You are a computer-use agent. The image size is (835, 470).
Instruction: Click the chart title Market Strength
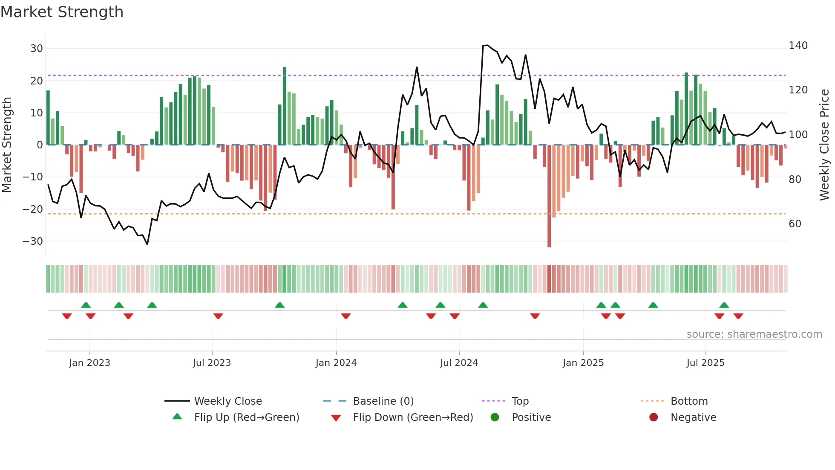pyautogui.click(x=62, y=12)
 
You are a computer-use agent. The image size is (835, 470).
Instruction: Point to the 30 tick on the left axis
pyautogui.click(x=37, y=49)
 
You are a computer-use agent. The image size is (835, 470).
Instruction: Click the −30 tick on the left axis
pyautogui.click(x=33, y=241)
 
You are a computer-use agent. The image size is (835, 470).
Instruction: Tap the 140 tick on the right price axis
pyautogui.click(x=798, y=46)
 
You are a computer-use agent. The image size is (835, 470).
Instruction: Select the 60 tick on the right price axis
pyautogui.click(x=795, y=224)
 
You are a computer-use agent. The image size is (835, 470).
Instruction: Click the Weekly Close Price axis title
pyautogui.click(x=824, y=145)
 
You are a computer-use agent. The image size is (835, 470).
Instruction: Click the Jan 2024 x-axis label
pyautogui.click(x=336, y=363)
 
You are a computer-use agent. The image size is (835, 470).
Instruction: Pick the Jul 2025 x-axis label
pyautogui.click(x=705, y=363)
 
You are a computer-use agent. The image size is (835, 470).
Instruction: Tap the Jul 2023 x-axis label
pyautogui.click(x=212, y=363)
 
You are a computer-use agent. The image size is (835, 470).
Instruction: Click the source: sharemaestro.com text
pyautogui.click(x=754, y=334)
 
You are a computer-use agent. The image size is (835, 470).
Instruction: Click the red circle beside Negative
pyautogui.click(x=654, y=418)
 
